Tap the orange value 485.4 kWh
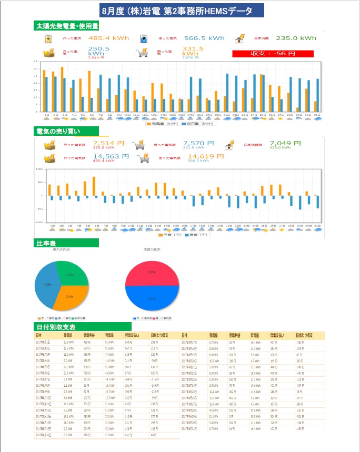tap(106, 38)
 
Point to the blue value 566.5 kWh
tap(204, 38)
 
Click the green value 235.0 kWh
tap(296, 38)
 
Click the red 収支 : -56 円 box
tap(273, 54)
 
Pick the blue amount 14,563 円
tap(111, 156)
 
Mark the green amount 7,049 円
tap(285, 143)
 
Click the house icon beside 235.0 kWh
tap(240, 38)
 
